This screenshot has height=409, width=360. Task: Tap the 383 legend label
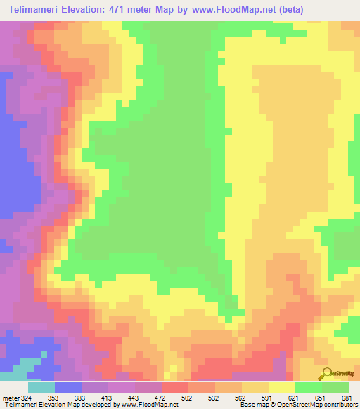[82, 397]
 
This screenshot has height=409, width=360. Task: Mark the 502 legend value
[188, 397]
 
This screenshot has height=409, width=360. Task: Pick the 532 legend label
[215, 397]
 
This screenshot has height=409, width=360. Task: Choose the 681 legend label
[347, 397]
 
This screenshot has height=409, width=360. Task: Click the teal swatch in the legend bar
[41, 387]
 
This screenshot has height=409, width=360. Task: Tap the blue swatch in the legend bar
[68, 387]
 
